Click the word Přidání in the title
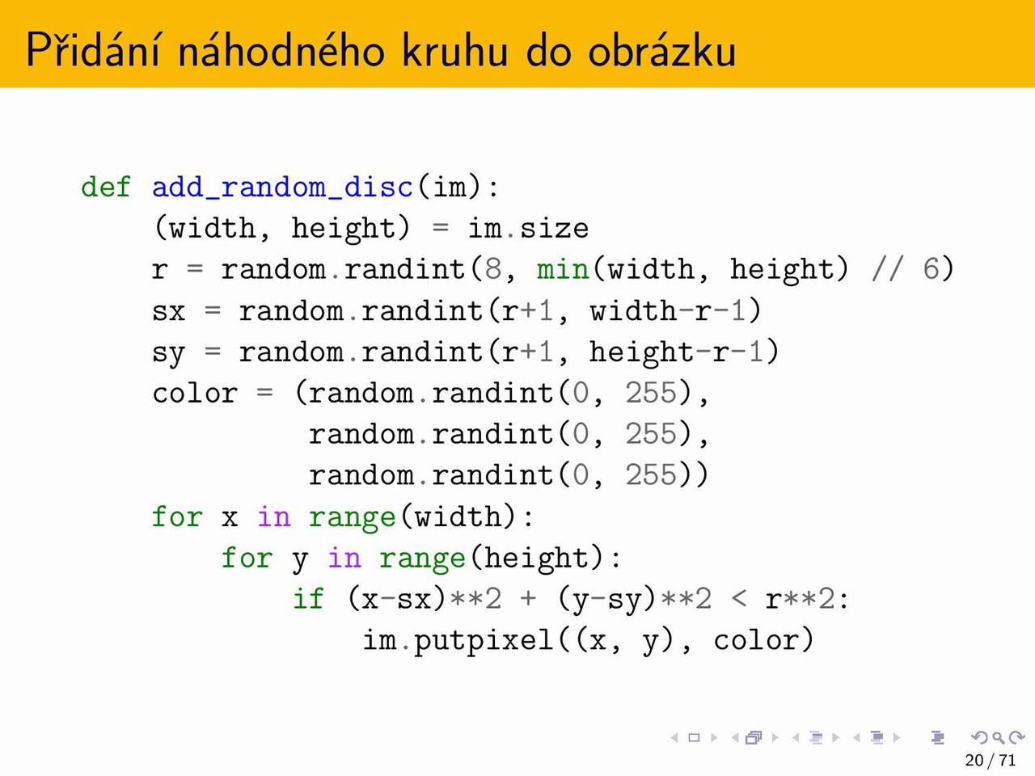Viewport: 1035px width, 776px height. point(93,50)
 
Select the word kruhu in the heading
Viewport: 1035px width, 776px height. point(455,50)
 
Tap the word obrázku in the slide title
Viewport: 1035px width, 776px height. point(661,50)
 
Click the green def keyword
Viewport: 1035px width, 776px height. point(106,188)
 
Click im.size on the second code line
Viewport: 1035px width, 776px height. point(528,228)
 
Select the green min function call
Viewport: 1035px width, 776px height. point(563,269)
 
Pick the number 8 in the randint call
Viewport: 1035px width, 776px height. point(492,269)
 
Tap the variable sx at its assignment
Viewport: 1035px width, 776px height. point(168,312)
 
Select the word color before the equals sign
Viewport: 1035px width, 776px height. point(195,394)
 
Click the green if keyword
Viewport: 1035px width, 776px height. point(308,599)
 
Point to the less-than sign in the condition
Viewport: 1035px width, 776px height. point(739,600)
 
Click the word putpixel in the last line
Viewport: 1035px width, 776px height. point(484,641)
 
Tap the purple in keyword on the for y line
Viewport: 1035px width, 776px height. point(344,558)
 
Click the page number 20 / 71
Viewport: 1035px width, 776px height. point(991,760)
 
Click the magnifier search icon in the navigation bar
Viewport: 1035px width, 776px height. point(998,737)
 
